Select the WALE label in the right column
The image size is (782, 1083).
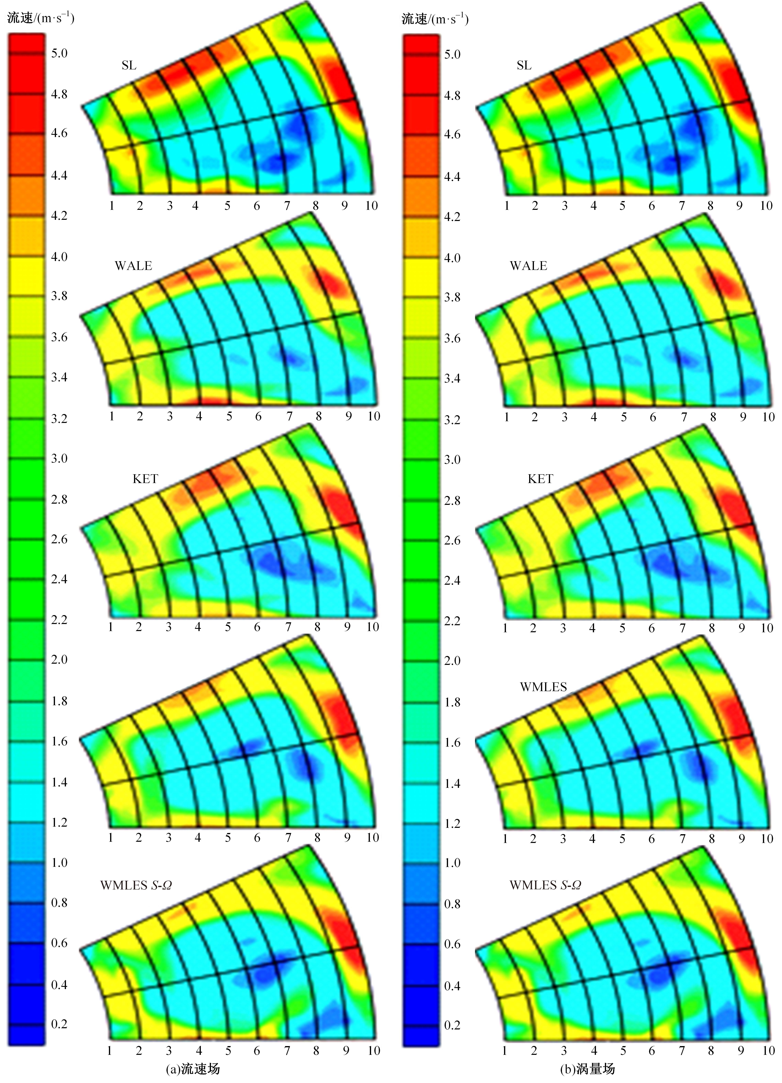[x=528, y=266]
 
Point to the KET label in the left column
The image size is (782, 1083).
[x=145, y=479]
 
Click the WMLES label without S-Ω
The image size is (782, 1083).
[x=543, y=687]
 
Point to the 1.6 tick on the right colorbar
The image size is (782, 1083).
[x=452, y=742]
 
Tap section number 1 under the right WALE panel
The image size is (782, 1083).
[x=506, y=417]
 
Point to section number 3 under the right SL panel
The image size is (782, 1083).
[x=565, y=206]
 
